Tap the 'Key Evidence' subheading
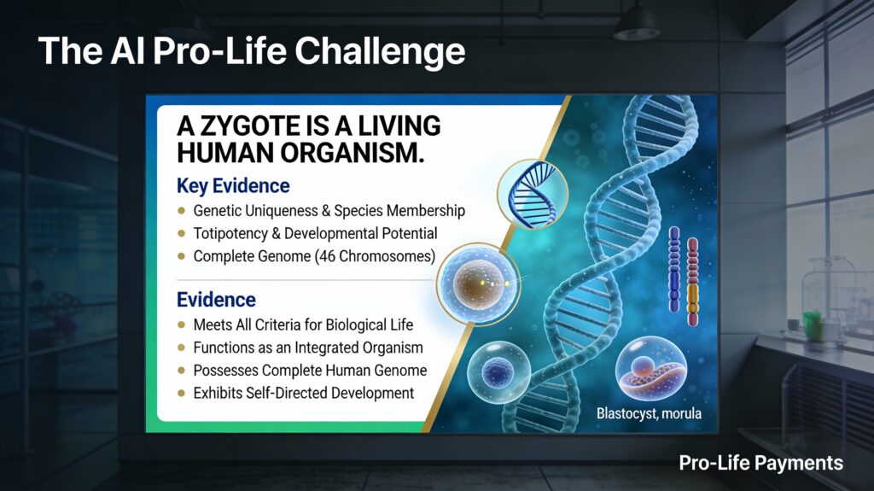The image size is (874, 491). pos(233,185)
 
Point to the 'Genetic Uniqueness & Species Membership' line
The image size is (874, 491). pos(329,210)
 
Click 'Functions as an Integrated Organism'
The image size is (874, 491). pos(308,348)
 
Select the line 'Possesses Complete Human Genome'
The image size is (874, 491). pos(310,371)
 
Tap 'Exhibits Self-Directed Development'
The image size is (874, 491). pos(303,393)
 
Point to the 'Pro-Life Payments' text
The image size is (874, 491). pos(760,463)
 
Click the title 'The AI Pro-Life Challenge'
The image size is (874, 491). pos(251,51)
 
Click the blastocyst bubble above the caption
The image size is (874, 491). pos(650,368)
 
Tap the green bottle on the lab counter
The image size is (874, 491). pos(809,325)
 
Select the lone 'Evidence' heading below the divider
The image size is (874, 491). pos(216,300)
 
